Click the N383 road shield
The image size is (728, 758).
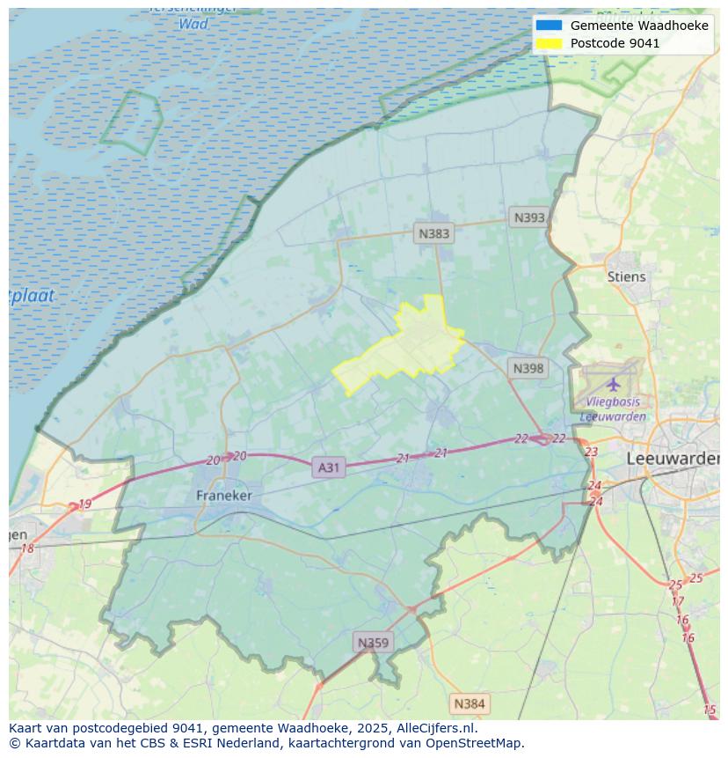pyautogui.click(x=433, y=233)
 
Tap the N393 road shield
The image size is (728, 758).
pyautogui.click(x=529, y=217)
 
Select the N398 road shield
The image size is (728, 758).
pyautogui.click(x=528, y=368)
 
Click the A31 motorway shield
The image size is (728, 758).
pyautogui.click(x=328, y=467)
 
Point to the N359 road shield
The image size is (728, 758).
pyautogui.click(x=373, y=643)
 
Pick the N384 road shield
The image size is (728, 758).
pyautogui.click(x=469, y=703)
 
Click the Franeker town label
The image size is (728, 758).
pyautogui.click(x=223, y=496)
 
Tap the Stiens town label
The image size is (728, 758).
pyautogui.click(x=626, y=276)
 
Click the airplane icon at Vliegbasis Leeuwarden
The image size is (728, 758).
pyautogui.click(x=613, y=384)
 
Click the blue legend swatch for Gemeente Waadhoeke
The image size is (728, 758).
pyautogui.click(x=549, y=26)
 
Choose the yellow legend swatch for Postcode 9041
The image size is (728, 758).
pyautogui.click(x=549, y=43)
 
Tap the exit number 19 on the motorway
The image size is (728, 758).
pyautogui.click(x=84, y=504)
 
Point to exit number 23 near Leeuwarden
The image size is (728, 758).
pyautogui.click(x=591, y=452)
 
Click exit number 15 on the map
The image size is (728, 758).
pyautogui.click(x=710, y=710)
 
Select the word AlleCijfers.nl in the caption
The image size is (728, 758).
pyautogui.click(x=437, y=728)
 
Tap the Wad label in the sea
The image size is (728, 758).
pyautogui.click(x=193, y=24)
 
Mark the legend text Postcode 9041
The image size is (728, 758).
pyautogui.click(x=615, y=43)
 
